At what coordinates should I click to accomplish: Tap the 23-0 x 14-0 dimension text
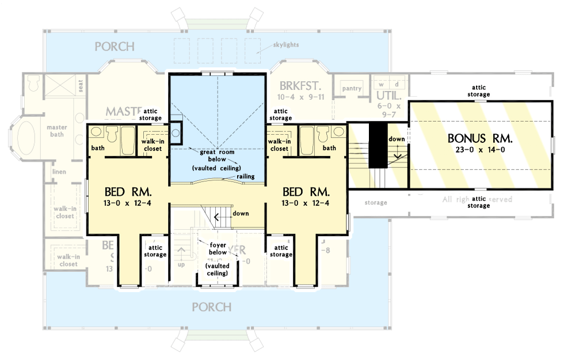pyautogui.click(x=480, y=150)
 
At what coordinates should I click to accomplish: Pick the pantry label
pyautogui.click(x=351, y=88)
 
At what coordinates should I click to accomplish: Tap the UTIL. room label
pyautogui.click(x=388, y=95)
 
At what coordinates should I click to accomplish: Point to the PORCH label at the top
pyautogui.click(x=115, y=46)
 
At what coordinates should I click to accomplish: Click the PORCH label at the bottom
pyautogui.click(x=212, y=306)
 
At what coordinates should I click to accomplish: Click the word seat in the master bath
pyautogui.click(x=81, y=84)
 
